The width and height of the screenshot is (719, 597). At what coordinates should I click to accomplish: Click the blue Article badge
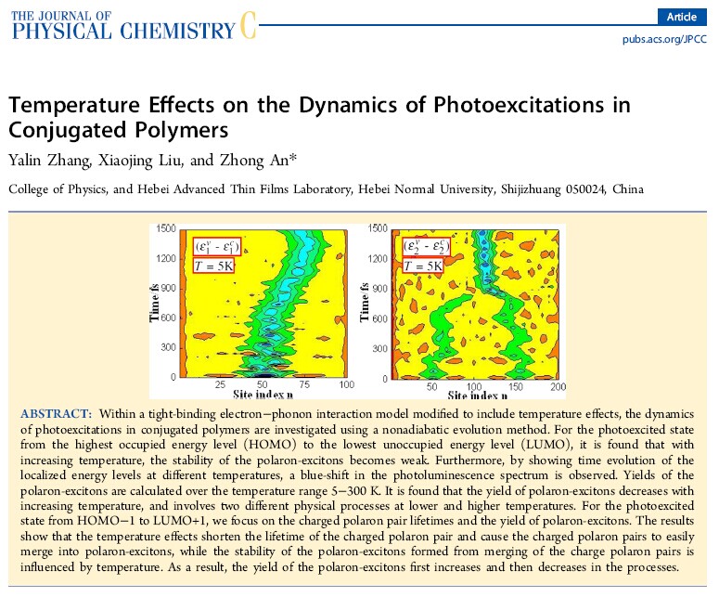682,17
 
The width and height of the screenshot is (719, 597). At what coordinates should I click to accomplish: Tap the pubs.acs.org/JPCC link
664,40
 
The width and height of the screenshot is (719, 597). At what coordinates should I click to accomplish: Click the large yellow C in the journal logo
248,25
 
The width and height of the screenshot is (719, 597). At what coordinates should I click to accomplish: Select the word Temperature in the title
74,105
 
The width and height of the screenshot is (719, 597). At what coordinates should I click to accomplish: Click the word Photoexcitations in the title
519,105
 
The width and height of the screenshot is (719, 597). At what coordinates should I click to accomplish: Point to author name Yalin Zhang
49,161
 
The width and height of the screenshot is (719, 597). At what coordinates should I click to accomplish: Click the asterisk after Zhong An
293,158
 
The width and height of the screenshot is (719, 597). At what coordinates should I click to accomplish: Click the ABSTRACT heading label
56,414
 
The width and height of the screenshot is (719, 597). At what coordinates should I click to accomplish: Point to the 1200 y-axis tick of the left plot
166,258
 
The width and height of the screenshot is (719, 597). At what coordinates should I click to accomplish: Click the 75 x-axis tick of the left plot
304,384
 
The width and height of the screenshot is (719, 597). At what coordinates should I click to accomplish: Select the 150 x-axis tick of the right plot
516,386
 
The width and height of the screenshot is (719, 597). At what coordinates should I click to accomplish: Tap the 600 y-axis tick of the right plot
379,318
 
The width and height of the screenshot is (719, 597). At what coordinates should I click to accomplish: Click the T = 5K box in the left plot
213,266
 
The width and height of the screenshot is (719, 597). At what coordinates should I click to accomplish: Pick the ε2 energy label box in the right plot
426,247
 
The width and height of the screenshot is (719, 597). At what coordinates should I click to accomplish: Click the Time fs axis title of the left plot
154,303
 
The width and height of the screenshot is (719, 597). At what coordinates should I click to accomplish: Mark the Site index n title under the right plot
478,396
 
